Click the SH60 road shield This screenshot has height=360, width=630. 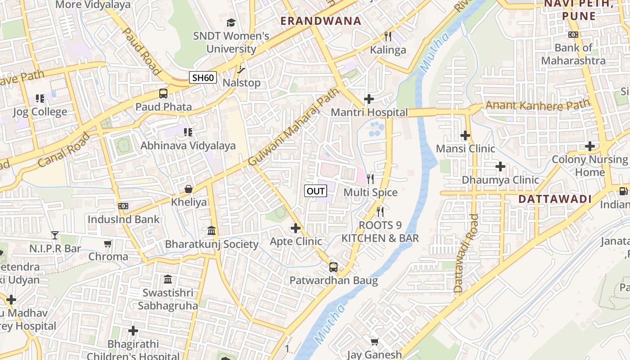[x=203, y=77]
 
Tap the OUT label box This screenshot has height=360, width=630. [x=315, y=191]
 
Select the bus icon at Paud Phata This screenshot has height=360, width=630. [x=163, y=94]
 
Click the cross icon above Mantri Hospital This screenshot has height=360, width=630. [x=369, y=99]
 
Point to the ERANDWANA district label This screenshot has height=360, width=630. [x=321, y=21]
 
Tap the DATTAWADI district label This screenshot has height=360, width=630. [x=555, y=199]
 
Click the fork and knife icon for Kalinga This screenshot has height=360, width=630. [x=388, y=36]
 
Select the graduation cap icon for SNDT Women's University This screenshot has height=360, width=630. [x=231, y=22]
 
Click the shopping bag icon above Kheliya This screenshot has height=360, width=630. [x=189, y=189]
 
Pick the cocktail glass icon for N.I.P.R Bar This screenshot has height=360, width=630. [x=55, y=235]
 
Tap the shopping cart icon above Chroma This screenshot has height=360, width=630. [x=108, y=243]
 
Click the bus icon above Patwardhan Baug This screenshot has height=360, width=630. [x=333, y=267]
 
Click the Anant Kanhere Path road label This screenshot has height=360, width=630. [x=537, y=105]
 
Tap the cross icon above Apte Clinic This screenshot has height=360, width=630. [x=296, y=228]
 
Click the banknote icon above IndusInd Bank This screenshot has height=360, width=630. [x=123, y=206]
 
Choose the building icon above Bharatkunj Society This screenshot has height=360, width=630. [x=211, y=230]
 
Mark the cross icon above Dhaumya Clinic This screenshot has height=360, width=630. [x=500, y=166]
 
